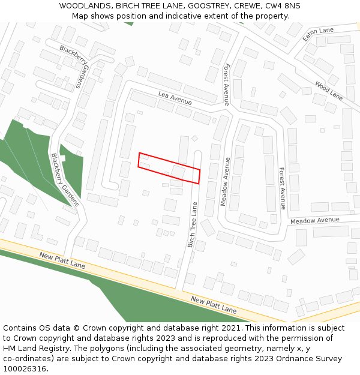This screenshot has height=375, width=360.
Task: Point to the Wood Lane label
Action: tap(329, 91)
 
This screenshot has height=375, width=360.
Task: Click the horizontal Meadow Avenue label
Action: tap(315, 221)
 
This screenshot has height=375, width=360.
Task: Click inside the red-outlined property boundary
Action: tap(169, 167)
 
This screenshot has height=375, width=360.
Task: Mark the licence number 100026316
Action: tap(24, 369)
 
